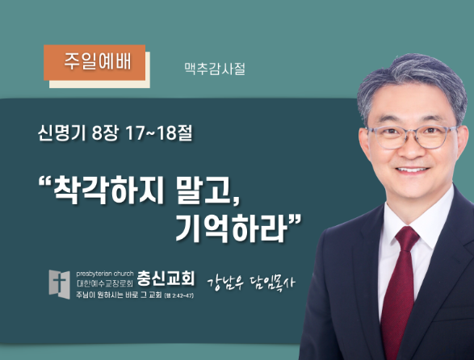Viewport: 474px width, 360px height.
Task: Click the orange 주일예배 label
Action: (94, 63)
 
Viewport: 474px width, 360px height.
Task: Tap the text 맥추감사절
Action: (215, 69)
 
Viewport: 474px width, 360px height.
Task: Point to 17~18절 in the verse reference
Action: (159, 133)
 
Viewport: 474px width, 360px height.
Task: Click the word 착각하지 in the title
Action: (109, 190)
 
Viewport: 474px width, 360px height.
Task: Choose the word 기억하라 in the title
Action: (231, 228)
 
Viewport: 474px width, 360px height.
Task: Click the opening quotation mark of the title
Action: (45, 182)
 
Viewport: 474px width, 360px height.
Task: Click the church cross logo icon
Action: (60, 284)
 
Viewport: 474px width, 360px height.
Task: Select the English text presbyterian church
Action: (105, 274)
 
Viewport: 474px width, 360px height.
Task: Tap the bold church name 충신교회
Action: (166, 278)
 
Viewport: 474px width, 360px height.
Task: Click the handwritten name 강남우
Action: (225, 283)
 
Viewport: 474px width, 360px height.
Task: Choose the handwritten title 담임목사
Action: (272, 283)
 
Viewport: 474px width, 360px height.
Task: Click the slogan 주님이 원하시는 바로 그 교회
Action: (119, 295)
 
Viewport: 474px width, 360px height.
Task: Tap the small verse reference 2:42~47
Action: (182, 295)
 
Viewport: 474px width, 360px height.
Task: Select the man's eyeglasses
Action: (412, 137)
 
